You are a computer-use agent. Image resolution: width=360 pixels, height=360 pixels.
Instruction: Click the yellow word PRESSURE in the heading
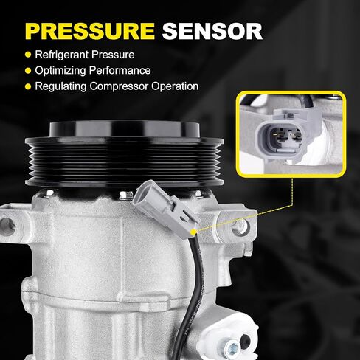[x=90, y=31]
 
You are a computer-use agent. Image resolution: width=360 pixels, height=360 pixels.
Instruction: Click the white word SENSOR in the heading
[x=212, y=31]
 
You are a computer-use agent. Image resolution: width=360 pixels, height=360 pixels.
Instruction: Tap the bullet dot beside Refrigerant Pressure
[x=28, y=55]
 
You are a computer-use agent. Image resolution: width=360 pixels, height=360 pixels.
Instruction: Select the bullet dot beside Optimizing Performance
[x=28, y=71]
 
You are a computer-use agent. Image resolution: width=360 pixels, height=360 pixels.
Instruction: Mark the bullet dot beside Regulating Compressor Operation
[x=28, y=86]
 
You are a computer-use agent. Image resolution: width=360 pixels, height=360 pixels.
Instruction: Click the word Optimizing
[x=60, y=71]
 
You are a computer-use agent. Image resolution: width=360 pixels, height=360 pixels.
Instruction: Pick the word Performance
[x=120, y=70]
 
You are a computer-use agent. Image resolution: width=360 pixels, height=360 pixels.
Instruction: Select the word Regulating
[x=60, y=86]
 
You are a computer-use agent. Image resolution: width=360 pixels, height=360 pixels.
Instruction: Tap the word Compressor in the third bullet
[x=119, y=86]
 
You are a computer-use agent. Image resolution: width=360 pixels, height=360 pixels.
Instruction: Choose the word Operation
[x=175, y=86]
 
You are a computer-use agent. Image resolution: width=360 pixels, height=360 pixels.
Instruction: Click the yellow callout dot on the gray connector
[x=193, y=232]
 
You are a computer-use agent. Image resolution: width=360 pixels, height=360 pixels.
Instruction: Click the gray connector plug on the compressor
[x=165, y=209]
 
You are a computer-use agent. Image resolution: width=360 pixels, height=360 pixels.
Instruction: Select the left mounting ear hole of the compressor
[x=7, y=226]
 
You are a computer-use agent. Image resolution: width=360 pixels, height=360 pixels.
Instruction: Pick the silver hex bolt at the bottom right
[x=232, y=347]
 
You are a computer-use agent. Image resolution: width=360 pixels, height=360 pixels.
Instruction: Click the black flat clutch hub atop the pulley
[x=125, y=128]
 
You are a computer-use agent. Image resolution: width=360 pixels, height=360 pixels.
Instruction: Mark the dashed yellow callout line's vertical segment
[x=292, y=191]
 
